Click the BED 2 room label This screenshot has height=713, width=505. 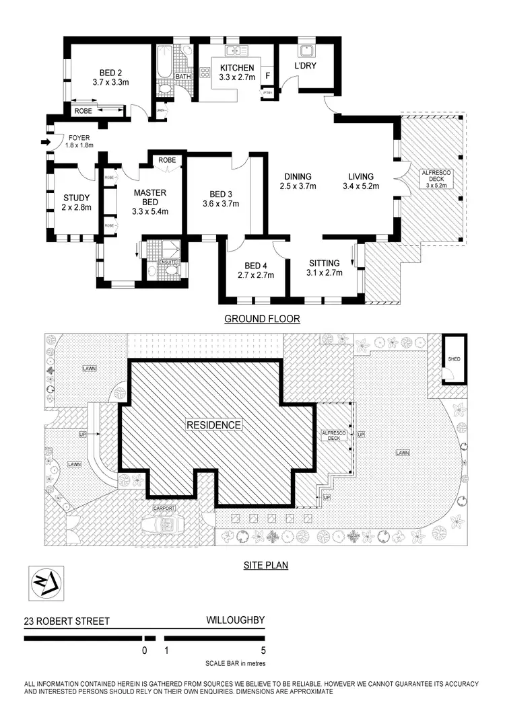[110, 73]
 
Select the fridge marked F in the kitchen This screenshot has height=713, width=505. [269, 76]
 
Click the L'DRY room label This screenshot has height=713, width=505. [305, 66]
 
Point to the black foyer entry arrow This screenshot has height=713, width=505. [45, 142]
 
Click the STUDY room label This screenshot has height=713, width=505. [76, 198]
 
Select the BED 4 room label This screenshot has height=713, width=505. [253, 265]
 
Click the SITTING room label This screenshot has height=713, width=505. [325, 263]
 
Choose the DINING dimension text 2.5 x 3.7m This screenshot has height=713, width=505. [300, 187]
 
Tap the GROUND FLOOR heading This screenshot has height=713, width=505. [262, 319]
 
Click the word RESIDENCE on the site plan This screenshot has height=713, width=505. [213, 425]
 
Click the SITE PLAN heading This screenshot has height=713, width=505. [265, 566]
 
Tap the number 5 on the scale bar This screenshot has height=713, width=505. [263, 650]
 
